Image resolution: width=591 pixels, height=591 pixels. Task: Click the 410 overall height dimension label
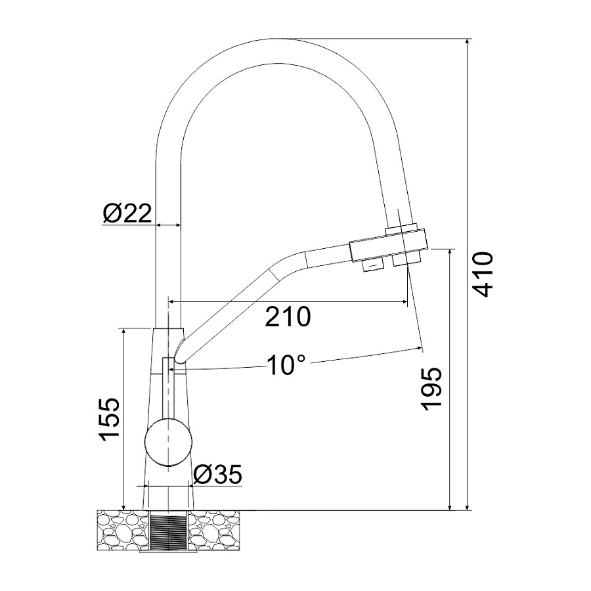click(483, 274)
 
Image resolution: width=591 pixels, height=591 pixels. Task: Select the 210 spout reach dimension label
click(288, 317)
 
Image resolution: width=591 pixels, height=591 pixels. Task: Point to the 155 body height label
click(109, 419)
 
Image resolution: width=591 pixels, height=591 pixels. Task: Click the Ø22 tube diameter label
click(127, 213)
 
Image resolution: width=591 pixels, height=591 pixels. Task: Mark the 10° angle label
click(286, 365)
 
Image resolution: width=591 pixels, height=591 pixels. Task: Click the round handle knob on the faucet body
click(169, 442)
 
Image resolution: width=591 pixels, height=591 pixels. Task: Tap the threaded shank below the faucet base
click(169, 529)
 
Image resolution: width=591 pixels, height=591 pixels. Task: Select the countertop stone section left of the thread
click(123, 529)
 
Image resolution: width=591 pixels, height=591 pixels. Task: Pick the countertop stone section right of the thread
click(213, 529)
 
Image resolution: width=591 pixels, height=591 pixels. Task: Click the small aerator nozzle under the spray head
click(372, 265)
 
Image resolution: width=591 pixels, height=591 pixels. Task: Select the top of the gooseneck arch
click(277, 39)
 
